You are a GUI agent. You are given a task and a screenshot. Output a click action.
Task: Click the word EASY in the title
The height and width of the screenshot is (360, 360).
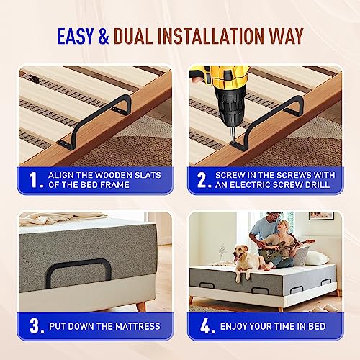[75, 36]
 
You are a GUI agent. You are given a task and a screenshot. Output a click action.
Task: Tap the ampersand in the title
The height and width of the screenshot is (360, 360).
[104, 36]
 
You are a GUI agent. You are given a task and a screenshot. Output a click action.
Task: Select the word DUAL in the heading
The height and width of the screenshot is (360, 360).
[133, 36]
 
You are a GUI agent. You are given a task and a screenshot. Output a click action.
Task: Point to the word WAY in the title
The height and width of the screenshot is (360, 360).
[287, 36]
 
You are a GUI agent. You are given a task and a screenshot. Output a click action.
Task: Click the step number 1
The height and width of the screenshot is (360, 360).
[34, 180]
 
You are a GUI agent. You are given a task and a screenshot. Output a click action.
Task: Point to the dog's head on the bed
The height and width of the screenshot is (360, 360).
[240, 253]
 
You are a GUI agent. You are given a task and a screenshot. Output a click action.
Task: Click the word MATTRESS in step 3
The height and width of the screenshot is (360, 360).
[138, 326]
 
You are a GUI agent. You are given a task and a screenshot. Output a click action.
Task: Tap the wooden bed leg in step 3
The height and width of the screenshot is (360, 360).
[141, 307]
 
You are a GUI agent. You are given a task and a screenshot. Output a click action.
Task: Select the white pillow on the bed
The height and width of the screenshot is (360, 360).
[316, 257]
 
